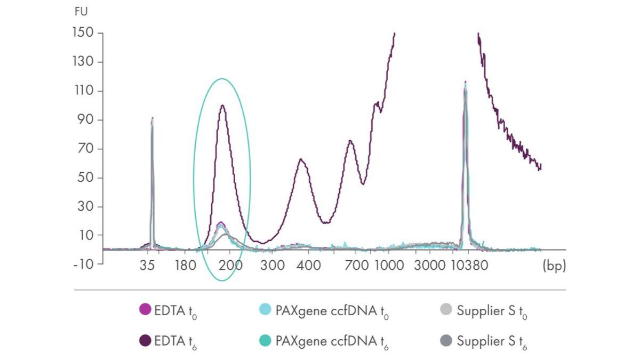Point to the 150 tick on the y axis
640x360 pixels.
coord(83,33)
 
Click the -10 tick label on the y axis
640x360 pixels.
coord(83,265)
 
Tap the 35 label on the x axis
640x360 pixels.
coord(152,265)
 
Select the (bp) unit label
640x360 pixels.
coord(554,265)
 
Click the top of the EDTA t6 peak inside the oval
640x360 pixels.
coord(222,105)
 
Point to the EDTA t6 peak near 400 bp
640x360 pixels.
coord(301,159)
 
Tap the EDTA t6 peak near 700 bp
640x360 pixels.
coord(350,141)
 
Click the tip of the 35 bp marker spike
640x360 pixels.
coord(153,118)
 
